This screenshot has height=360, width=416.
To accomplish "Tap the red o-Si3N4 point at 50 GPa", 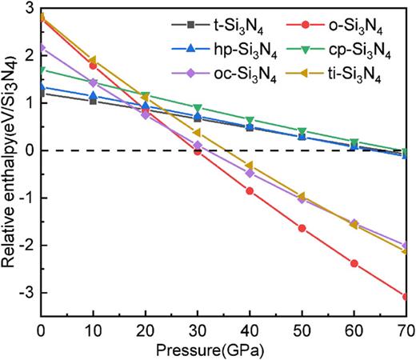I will coord(302,228).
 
